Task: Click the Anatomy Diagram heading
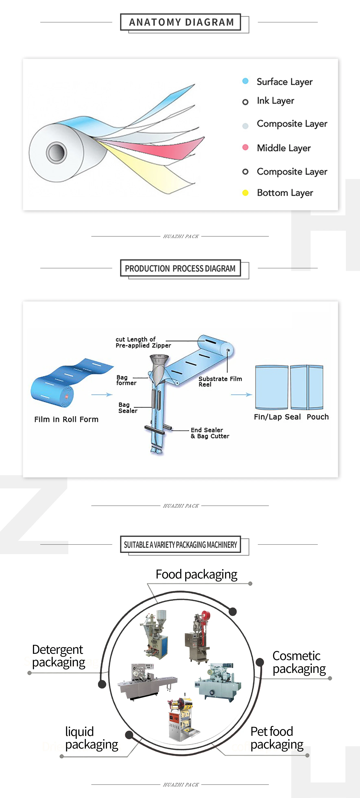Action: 181,22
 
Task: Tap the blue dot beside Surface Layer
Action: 245,81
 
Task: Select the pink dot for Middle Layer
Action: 245,147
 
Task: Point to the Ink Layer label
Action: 275,101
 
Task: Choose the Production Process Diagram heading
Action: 180,268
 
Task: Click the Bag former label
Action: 126,380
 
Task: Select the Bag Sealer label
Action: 127,408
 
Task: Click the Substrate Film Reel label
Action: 220,381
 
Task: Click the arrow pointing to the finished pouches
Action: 241,395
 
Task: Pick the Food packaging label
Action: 196,574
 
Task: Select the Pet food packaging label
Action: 276,738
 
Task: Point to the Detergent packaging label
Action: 58,655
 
